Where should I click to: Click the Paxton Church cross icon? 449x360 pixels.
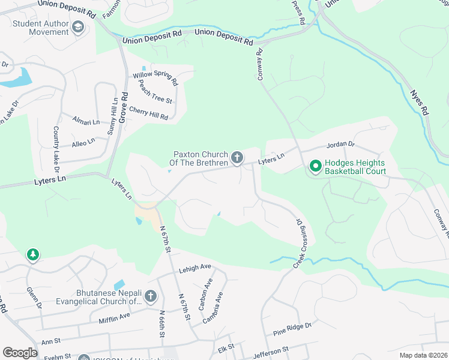pos(237,158)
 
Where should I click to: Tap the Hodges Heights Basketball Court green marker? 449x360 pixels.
pos(315,166)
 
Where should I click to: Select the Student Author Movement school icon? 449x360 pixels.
pos(77,27)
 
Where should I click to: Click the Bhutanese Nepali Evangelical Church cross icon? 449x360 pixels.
pos(150,296)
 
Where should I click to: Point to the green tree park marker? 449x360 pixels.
pos(32,256)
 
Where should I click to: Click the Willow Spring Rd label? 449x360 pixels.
pos(155,77)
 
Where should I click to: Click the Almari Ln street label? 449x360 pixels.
pos(86,122)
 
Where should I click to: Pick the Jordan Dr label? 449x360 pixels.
pos(340,145)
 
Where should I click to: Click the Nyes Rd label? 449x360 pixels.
pos(420,102)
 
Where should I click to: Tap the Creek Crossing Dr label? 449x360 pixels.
pos(304,244)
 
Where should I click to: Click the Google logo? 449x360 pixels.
pos(20,353)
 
